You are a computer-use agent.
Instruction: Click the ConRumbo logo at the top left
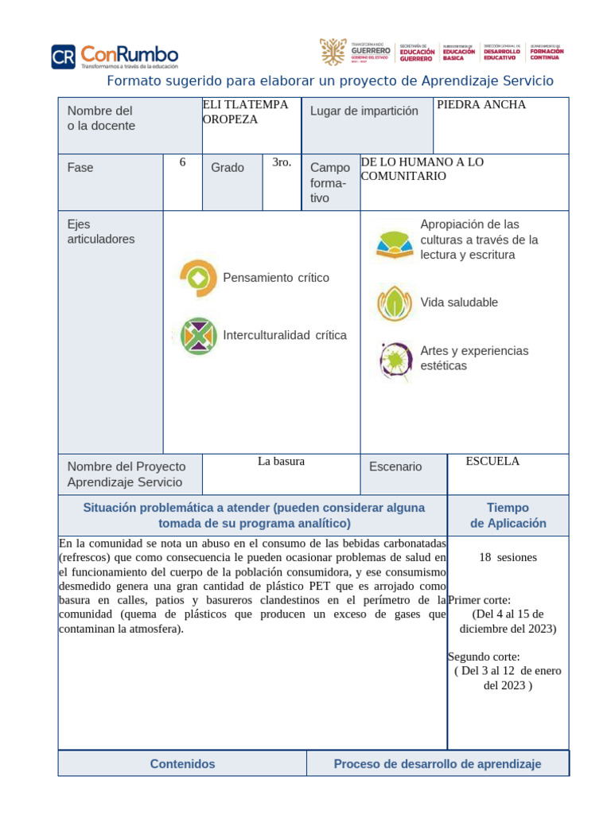[115, 56]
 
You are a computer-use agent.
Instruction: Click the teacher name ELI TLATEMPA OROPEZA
[245, 111]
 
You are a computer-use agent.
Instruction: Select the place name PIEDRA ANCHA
[482, 105]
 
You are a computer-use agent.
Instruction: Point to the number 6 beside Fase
[182, 162]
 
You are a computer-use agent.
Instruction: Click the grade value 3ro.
[282, 162]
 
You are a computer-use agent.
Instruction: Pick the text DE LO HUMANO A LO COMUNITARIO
[422, 169]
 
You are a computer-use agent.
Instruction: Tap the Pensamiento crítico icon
[197, 278]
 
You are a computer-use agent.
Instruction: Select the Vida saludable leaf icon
[394, 303]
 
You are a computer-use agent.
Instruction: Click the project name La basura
[281, 461]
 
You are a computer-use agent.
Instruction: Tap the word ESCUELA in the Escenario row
[492, 461]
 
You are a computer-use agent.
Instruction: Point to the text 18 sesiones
[508, 557]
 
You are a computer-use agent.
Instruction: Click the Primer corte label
[480, 600]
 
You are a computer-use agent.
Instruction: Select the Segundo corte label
[484, 657]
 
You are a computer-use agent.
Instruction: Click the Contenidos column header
[182, 764]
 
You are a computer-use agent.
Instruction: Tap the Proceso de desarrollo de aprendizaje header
[437, 764]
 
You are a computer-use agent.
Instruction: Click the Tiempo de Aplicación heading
[508, 515]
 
